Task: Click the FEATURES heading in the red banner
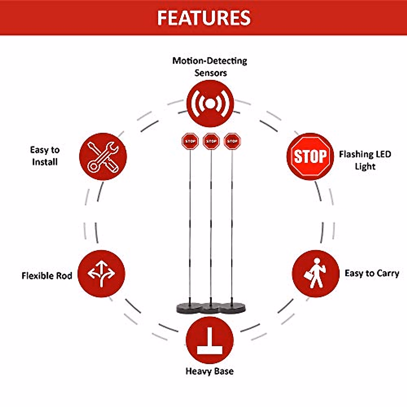[x=204, y=18]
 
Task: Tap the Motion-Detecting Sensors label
[x=210, y=66]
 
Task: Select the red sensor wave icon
[x=210, y=104]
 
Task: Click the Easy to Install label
[x=45, y=156]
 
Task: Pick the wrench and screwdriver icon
[x=103, y=156]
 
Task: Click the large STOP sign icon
[x=310, y=156]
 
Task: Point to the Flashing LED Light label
[x=365, y=160]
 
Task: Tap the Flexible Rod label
[x=47, y=275]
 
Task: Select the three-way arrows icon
[x=101, y=274]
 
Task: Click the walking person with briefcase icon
[x=315, y=273]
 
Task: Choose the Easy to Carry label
[x=372, y=273]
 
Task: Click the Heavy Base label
[x=210, y=371]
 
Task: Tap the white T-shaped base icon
[x=210, y=341]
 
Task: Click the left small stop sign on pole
[x=190, y=141]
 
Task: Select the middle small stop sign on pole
[x=211, y=141]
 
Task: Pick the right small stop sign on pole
[x=232, y=141]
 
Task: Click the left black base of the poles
[x=189, y=308]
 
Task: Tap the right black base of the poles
[x=232, y=308]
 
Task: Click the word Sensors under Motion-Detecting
[x=211, y=73]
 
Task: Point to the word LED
[x=383, y=154]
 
